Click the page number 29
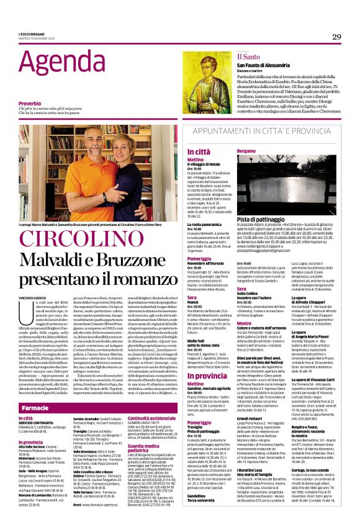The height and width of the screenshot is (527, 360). tap(336, 37)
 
